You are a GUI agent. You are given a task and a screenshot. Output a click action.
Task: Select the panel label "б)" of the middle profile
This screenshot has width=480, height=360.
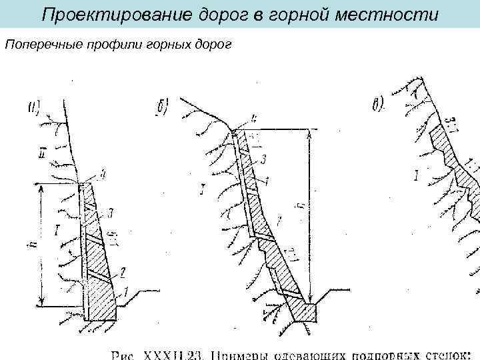[x=162, y=107]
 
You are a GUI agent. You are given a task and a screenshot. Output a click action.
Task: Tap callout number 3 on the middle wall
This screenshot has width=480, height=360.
[x=264, y=159]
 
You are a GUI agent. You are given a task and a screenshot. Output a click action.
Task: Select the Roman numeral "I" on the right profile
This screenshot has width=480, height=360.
[x=415, y=177]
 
